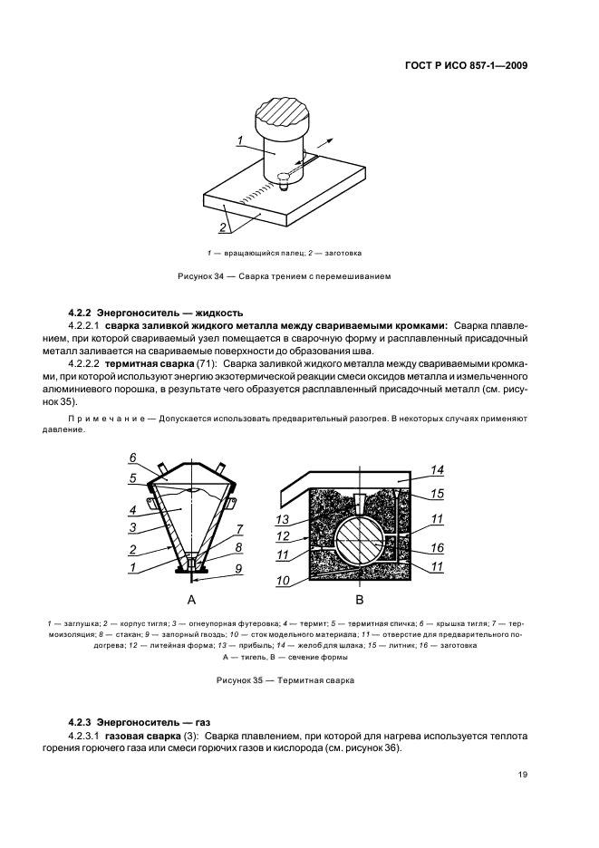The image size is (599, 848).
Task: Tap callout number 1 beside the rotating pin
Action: [240, 140]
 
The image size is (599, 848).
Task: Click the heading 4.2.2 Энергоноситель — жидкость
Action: [156, 311]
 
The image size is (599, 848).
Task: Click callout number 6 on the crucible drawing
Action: [132, 457]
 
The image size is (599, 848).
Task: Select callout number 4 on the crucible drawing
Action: [132, 509]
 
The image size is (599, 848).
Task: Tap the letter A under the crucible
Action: [191, 600]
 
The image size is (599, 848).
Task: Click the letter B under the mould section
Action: [359, 600]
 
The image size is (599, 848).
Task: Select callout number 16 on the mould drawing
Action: [437, 547]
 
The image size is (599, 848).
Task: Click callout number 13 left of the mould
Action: [283, 519]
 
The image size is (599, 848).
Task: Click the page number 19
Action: [523, 774]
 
